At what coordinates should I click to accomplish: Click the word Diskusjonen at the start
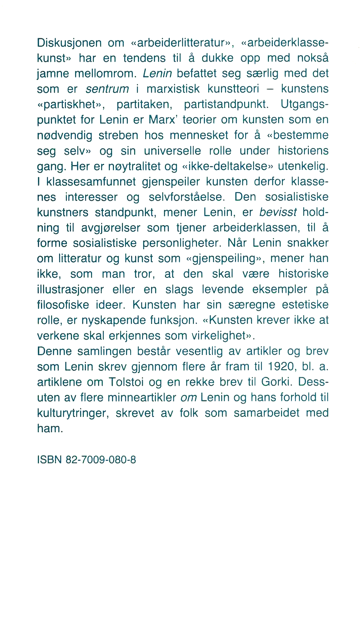69,43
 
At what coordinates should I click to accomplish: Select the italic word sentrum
107,89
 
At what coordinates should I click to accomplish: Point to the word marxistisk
173,89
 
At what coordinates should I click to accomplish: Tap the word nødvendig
65,135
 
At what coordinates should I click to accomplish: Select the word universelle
172,151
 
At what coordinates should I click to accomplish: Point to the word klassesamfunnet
91,182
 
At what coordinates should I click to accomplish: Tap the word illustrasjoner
70,289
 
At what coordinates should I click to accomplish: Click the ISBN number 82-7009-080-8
101,459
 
